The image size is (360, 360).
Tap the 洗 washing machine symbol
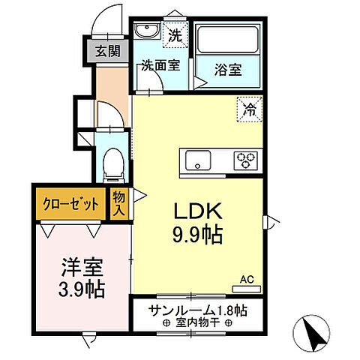(x=175, y=34)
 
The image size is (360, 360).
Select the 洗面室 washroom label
(x=160, y=64)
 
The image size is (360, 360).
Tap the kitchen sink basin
(x=199, y=159)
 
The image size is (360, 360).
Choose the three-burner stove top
(x=245, y=159)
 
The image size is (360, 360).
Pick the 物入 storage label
(x=118, y=203)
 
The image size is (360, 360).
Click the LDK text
(x=196, y=210)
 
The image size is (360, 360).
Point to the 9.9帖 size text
(x=197, y=235)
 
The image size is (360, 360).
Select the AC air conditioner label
(x=247, y=280)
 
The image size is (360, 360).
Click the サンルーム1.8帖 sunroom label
(x=196, y=310)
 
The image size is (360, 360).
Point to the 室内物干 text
(x=196, y=324)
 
